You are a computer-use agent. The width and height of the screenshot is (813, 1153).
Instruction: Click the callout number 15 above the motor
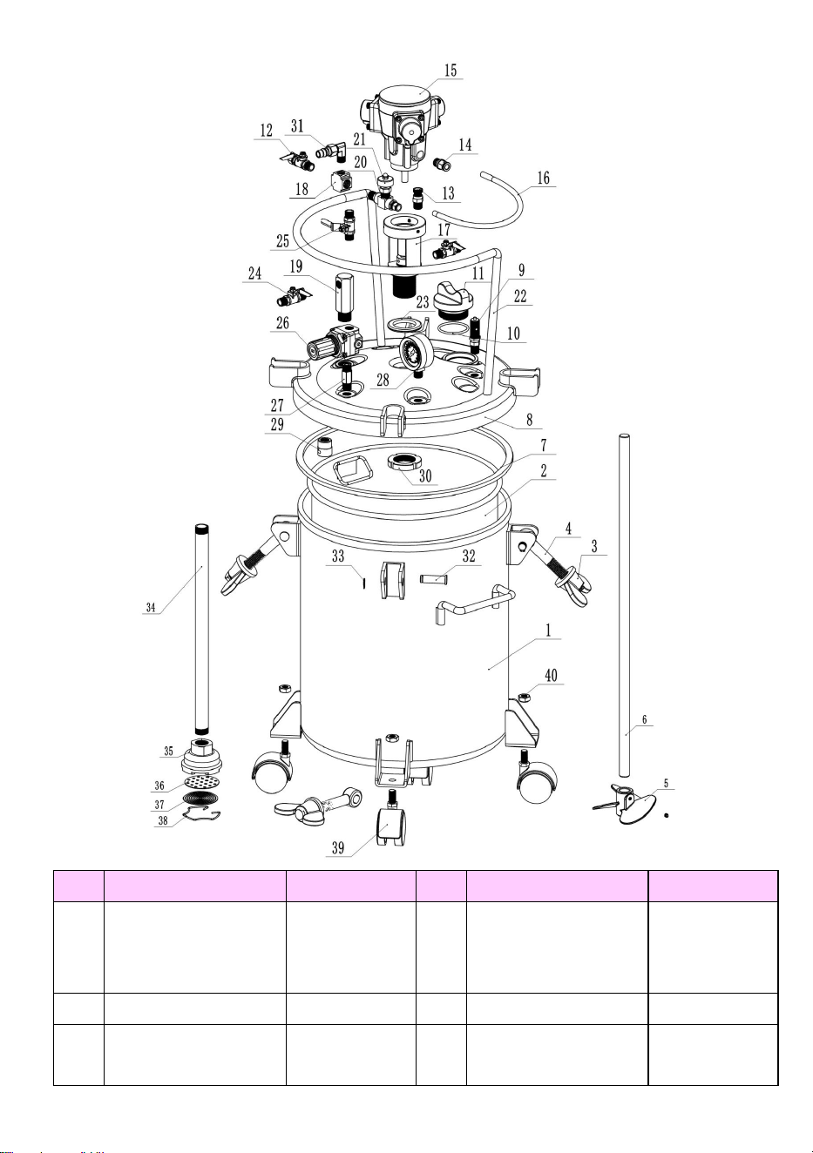pyautogui.click(x=451, y=71)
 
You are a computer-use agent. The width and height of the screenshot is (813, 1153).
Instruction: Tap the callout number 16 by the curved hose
pyautogui.click(x=544, y=179)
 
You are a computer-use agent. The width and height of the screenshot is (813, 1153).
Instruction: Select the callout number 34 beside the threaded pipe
pyautogui.click(x=151, y=607)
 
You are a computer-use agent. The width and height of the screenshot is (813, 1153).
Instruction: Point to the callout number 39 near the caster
pyautogui.click(x=338, y=847)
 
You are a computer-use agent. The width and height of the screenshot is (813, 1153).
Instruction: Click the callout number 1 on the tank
pyautogui.click(x=548, y=630)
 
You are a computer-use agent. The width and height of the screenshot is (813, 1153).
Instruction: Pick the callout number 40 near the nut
pyautogui.click(x=551, y=676)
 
